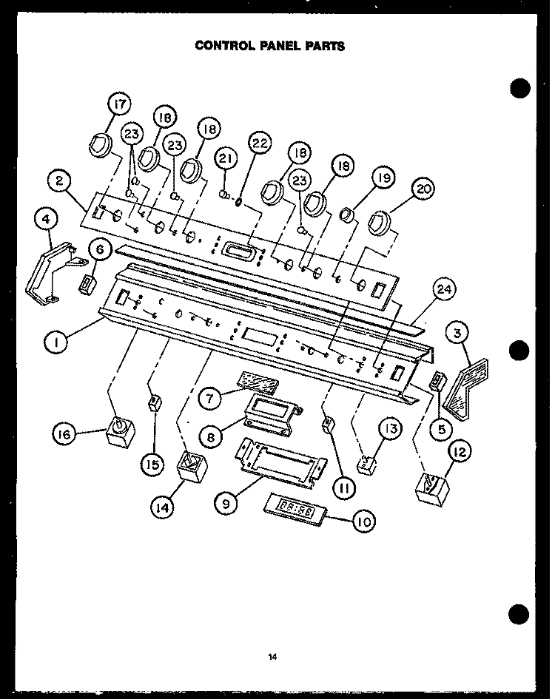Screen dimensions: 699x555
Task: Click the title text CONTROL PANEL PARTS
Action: coord(269,45)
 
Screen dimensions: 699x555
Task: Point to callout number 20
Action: coord(423,190)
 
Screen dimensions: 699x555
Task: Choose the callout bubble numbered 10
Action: coord(363,522)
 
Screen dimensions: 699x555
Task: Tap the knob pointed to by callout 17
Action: coord(98,146)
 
